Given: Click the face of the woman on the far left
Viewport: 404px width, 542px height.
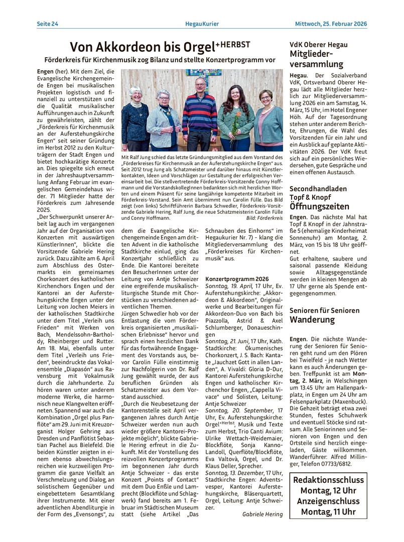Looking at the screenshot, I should coord(136,94).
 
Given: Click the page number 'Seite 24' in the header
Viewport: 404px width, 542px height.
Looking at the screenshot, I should coord(47,23).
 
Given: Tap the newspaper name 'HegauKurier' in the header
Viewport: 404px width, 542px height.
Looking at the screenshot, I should coord(201,23).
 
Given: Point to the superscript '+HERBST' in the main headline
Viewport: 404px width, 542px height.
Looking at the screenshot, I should coord(232,44).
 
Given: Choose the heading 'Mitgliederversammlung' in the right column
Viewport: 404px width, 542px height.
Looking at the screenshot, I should coord(316,59).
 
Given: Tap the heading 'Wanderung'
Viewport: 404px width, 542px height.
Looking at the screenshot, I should coord(312,320).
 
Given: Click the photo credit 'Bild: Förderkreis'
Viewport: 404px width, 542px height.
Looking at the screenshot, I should coord(264,219).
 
